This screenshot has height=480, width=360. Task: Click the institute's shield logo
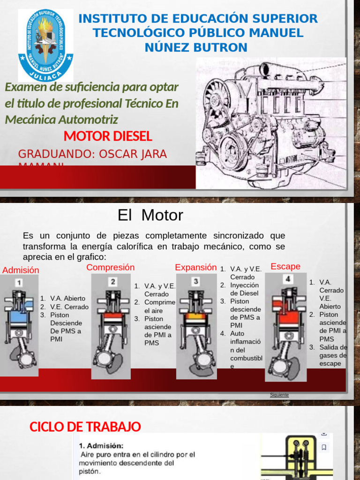[45, 45]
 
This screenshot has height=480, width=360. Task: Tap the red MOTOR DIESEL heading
[108, 136]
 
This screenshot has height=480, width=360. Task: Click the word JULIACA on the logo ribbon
[45, 75]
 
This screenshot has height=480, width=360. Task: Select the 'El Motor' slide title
[150, 215]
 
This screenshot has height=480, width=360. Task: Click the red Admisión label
[21, 270]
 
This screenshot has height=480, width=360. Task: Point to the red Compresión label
[111, 267]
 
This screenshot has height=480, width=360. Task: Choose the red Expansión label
[196, 267]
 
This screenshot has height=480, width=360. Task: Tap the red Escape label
[285, 266]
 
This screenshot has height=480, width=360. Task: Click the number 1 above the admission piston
[18, 283]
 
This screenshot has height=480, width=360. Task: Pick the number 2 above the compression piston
[113, 282]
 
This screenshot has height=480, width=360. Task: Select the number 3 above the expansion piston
[195, 281]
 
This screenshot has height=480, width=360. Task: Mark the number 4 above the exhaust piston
[288, 279]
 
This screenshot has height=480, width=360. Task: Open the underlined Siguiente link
[279, 395]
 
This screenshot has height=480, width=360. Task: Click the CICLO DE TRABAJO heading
[85, 427]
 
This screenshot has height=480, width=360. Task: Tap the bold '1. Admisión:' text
[101, 446]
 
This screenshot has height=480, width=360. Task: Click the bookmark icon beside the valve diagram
[323, 447]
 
